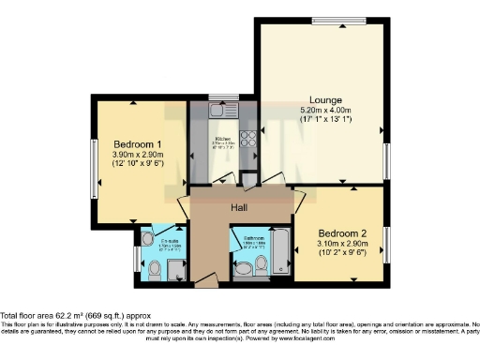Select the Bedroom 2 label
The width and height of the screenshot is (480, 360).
point(342,232)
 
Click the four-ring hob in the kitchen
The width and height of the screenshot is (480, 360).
point(251,141)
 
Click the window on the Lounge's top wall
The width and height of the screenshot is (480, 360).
point(339,21)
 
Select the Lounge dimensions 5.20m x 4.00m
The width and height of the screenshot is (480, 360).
point(326,111)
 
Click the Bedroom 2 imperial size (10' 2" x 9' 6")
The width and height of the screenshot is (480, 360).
point(342,253)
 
